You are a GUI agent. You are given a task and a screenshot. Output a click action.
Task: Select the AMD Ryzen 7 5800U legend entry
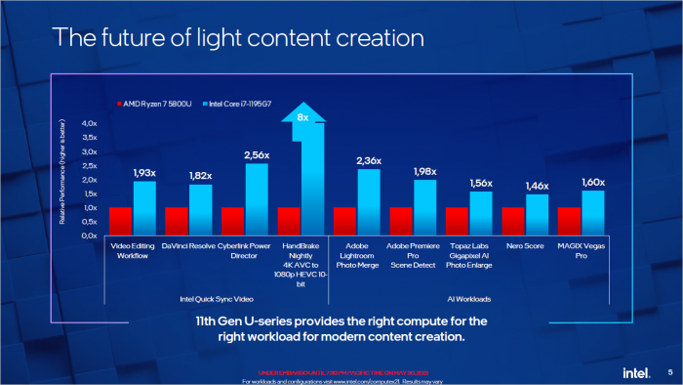pos(155,104)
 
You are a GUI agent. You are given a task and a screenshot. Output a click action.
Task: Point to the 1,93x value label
pos(144,172)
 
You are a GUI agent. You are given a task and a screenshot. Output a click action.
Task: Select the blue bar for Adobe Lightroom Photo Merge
pos(369,202)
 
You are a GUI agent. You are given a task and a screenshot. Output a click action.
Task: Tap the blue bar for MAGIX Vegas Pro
pos(593,212)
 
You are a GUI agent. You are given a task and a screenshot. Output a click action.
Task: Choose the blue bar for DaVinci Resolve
pos(200,209)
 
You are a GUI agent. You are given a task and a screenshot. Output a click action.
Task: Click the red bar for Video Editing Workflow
pos(120,221)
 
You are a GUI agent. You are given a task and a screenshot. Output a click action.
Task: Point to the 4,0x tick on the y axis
pos(90,123)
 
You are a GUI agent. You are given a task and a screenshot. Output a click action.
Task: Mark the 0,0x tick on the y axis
pos(90,235)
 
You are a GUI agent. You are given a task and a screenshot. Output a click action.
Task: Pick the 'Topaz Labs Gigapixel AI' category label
pos(469,256)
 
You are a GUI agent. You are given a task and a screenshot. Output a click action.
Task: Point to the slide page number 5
pos(669,371)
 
